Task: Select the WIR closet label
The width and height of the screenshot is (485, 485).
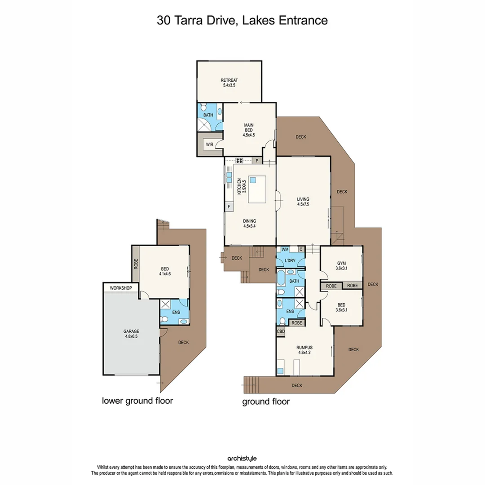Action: pyautogui.click(x=210, y=145)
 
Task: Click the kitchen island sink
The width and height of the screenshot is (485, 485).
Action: pyautogui.click(x=253, y=180)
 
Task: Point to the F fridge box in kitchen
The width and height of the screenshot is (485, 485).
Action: pyautogui.click(x=229, y=207)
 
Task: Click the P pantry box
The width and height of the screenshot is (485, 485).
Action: pyautogui.click(x=257, y=160)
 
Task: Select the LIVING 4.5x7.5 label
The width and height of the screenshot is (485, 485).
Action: pyautogui.click(x=303, y=202)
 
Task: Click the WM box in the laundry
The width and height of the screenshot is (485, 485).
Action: pyautogui.click(x=284, y=249)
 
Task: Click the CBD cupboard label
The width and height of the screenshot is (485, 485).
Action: pyautogui.click(x=281, y=332)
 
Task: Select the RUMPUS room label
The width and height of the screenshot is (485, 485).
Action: pyautogui.click(x=305, y=349)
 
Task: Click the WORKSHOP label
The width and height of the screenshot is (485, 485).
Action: pyautogui.click(x=118, y=288)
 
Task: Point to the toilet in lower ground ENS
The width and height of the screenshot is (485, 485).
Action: pyautogui.click(x=165, y=319)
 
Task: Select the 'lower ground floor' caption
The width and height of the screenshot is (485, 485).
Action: pyautogui.click(x=137, y=401)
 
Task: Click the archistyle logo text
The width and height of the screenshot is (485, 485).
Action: pyautogui.click(x=242, y=459)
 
